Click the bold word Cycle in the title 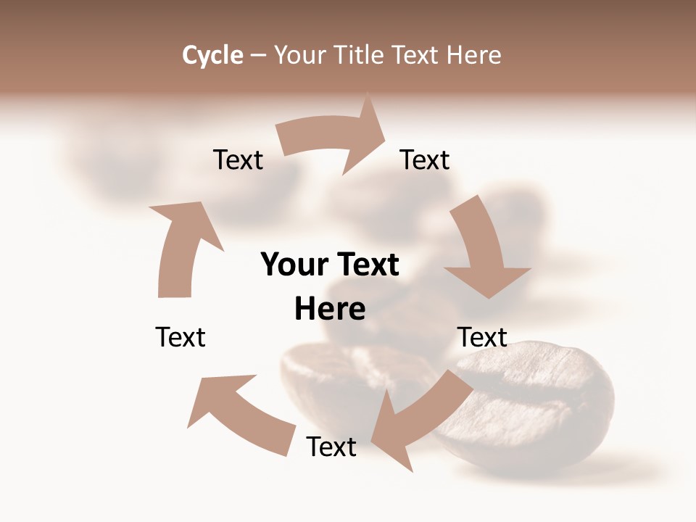212,55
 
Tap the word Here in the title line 474,55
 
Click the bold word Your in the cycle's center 294,265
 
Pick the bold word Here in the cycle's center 330,309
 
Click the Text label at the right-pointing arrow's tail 238,159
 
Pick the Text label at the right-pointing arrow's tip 425,159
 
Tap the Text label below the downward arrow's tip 482,337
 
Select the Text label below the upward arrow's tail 181,337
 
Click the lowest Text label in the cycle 331,447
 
